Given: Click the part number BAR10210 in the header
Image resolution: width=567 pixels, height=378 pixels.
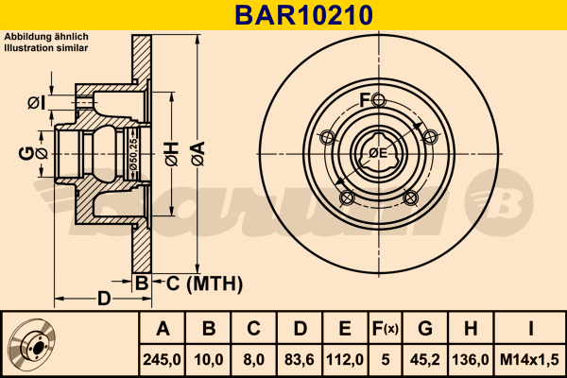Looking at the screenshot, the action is pos(303,15).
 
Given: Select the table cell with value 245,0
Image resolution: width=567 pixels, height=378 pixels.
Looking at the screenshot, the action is pos(162,359).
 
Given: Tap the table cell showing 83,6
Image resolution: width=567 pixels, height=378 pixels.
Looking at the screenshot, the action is pos(300,359).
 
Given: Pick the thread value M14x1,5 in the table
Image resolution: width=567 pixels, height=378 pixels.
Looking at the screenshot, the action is pos(529,359).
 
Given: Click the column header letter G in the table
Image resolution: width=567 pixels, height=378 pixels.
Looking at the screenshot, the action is pos(425,329).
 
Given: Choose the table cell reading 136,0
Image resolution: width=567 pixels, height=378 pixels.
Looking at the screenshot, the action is pos(471,359).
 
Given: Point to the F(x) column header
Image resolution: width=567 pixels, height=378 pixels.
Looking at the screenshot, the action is pos(386,329).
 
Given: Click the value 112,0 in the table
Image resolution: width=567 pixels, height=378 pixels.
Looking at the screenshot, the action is pos(345,359).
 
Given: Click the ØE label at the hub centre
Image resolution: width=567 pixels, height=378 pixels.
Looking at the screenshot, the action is pos(378,153).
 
